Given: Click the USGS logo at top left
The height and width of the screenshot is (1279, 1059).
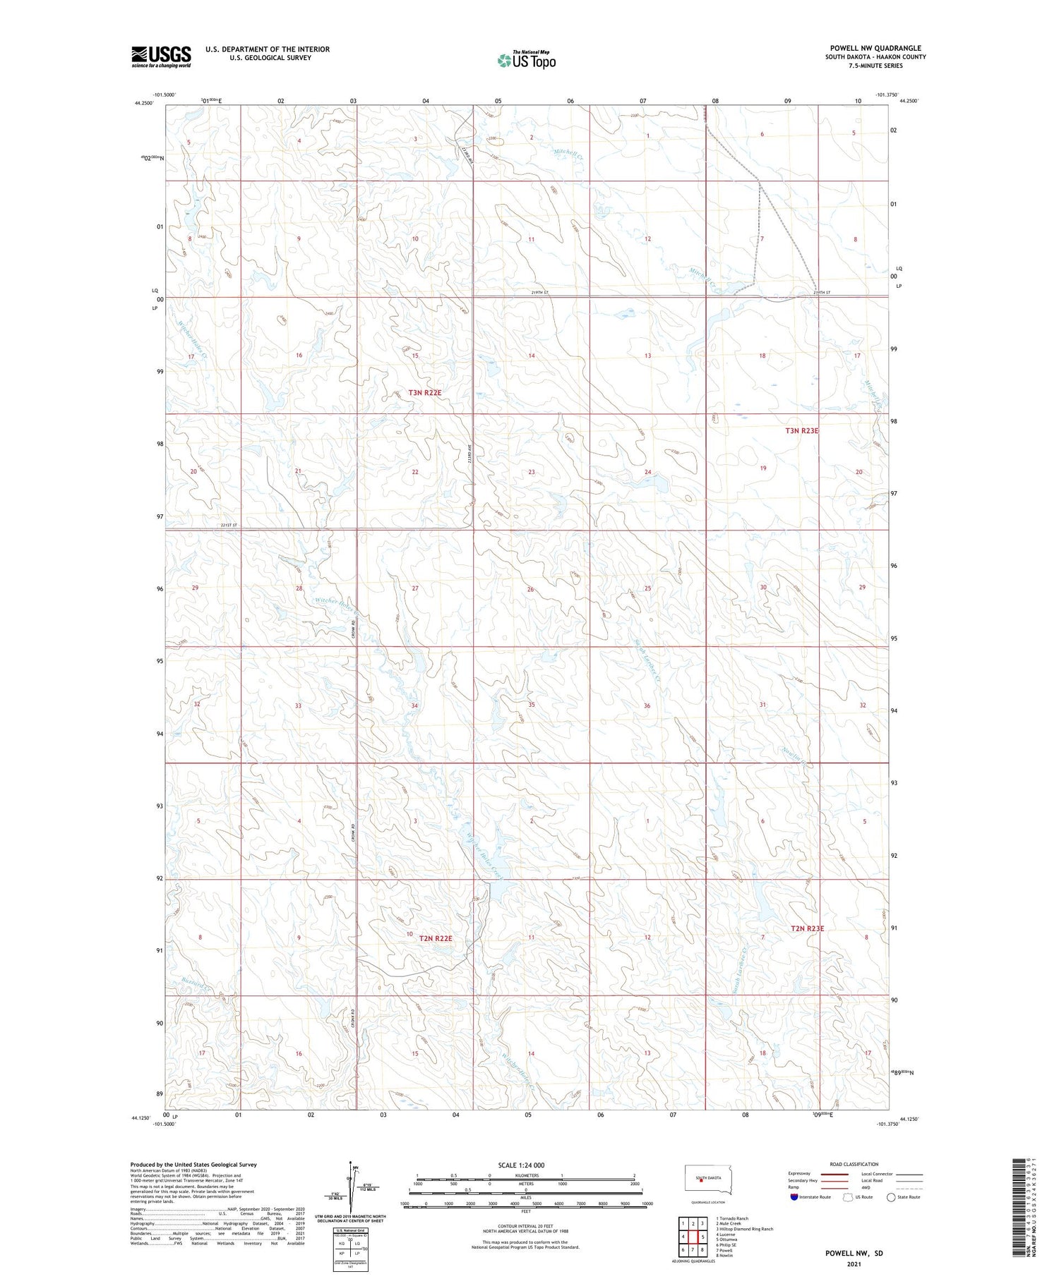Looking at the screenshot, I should click(161, 56).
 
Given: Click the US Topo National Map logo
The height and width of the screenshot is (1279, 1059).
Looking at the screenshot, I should click(526, 60).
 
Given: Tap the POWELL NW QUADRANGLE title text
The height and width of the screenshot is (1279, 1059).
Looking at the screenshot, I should click(875, 48).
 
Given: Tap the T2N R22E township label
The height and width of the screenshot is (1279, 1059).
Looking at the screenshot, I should click(435, 938).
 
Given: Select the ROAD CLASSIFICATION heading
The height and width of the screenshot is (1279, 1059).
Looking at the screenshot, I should click(854, 1164).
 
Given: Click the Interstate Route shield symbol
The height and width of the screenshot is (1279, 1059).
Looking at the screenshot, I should click(794, 1197).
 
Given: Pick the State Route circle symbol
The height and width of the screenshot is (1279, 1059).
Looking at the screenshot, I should click(891, 1197).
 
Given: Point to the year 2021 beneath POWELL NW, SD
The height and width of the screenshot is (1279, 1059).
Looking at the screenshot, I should click(854, 1264).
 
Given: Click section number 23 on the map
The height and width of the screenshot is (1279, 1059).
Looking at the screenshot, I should click(531, 472).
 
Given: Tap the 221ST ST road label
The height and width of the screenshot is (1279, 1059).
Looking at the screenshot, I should click(229, 526).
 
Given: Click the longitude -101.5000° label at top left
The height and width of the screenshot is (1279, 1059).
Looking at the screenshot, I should click(164, 95).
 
